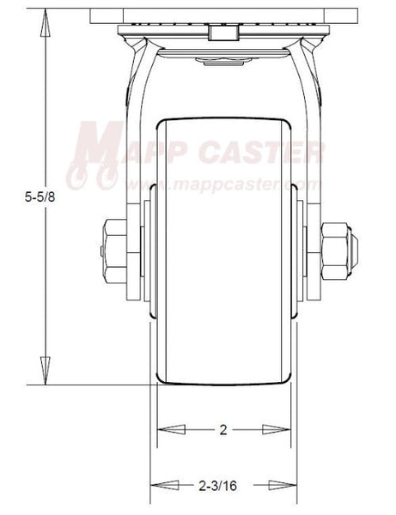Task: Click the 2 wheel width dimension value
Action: point(223,430)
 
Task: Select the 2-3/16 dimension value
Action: point(222,486)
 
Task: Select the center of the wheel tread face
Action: point(224,249)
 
